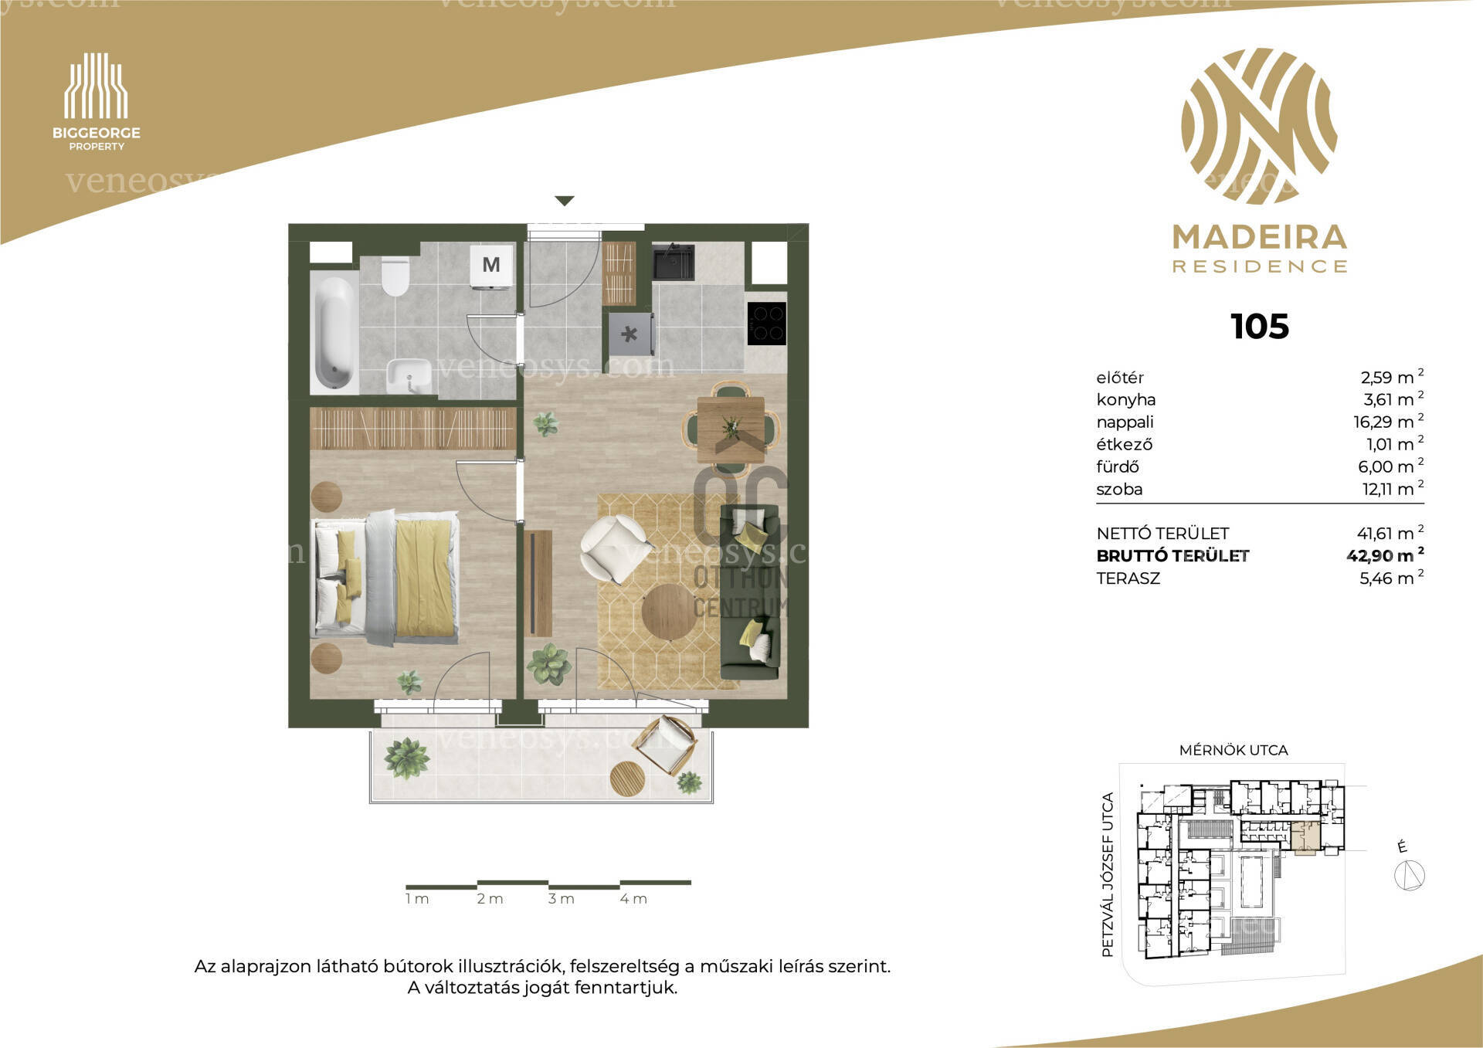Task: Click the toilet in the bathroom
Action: click(395, 276)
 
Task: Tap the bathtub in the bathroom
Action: click(334, 332)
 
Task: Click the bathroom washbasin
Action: click(409, 376)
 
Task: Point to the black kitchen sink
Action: click(673, 262)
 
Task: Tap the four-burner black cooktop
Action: click(766, 323)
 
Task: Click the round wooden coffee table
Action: click(669, 612)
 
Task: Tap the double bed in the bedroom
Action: click(385, 577)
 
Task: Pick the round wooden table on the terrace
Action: click(627, 778)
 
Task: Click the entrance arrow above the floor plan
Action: click(565, 201)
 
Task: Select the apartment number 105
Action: click(1260, 327)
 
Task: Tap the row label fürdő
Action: click(1118, 466)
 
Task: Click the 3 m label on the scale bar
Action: click(562, 899)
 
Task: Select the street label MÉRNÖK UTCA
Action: click(1234, 750)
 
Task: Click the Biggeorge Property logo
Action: click(97, 101)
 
